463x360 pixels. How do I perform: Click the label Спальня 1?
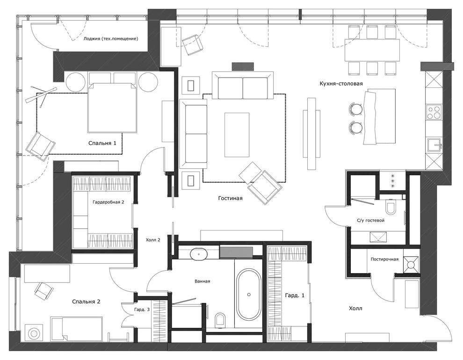(102, 143)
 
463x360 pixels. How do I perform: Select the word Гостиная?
(230, 198)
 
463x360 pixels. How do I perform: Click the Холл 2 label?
(153, 240)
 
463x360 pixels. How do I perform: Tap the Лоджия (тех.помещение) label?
(110, 39)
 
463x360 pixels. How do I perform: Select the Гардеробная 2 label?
(108, 202)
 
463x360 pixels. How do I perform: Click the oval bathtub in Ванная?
(248, 294)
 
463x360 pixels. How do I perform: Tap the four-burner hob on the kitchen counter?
(434, 112)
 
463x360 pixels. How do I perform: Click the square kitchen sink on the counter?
(434, 144)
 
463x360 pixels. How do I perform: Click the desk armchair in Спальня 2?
(43, 291)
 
